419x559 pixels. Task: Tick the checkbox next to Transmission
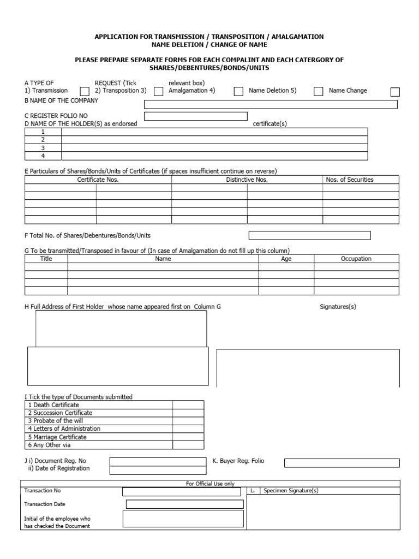click(x=85, y=92)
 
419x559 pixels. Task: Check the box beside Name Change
click(x=396, y=92)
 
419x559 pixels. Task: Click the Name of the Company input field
click(x=271, y=104)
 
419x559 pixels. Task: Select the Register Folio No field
click(x=195, y=116)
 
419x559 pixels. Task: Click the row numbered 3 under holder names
click(x=214, y=147)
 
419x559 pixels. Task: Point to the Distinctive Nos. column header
click(x=247, y=180)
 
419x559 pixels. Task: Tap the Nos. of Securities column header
click(x=349, y=180)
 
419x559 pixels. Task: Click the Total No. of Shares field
click(x=309, y=235)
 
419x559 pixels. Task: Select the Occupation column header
click(x=356, y=259)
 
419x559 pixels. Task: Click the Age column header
click(x=286, y=259)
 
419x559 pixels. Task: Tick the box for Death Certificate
click(x=188, y=405)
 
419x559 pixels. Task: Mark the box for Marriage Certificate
click(x=188, y=437)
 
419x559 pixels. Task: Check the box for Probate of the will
click(x=188, y=421)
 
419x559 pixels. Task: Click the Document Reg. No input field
click(x=142, y=461)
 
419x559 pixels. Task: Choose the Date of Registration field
click(x=142, y=470)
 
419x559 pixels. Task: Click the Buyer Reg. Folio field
click(x=342, y=463)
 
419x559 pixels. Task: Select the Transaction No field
click(x=181, y=491)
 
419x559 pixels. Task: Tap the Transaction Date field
click(x=184, y=504)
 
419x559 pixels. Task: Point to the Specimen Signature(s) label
click(x=291, y=491)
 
